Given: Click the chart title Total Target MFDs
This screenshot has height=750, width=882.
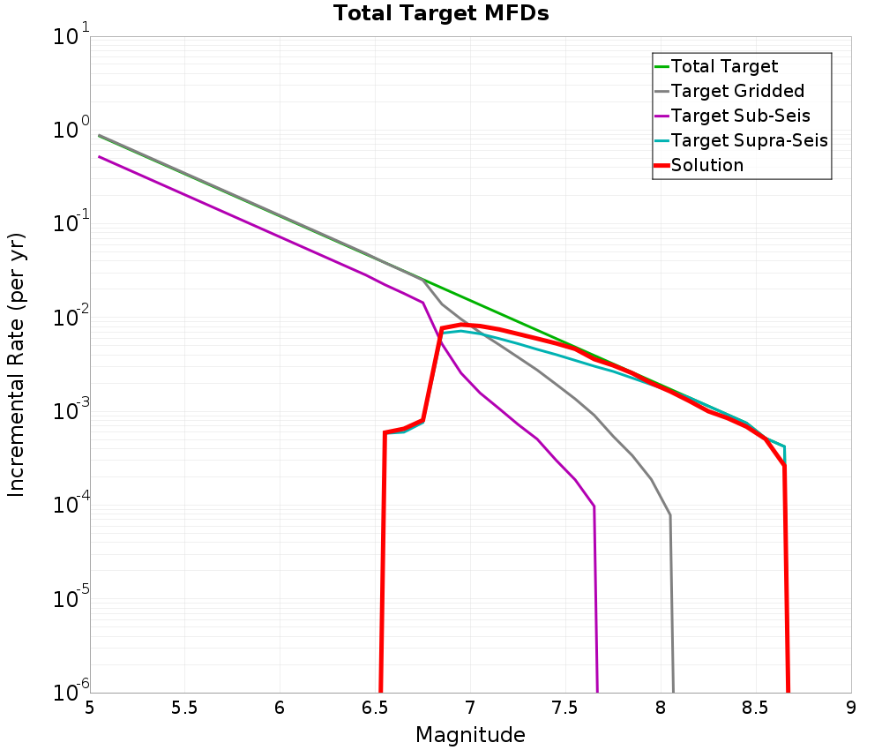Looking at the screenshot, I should pyautogui.click(x=441, y=13).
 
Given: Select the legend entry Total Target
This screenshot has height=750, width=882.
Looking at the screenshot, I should pyautogui.click(x=724, y=66).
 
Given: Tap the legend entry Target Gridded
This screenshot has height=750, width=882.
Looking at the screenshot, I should pyautogui.click(x=737, y=91).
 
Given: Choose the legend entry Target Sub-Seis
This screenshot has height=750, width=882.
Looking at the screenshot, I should pyautogui.click(x=740, y=116).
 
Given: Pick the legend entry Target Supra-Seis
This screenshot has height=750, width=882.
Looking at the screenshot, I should pyautogui.click(x=749, y=140).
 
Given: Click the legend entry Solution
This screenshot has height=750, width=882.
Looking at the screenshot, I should pyautogui.click(x=706, y=165).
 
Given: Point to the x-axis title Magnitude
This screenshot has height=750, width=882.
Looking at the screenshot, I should pyautogui.click(x=470, y=734).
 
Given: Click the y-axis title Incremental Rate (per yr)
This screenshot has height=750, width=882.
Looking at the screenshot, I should pyautogui.click(x=18, y=364).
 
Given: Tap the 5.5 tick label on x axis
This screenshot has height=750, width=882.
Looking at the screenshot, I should pyautogui.click(x=184, y=708).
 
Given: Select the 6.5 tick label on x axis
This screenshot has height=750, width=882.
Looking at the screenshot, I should pyautogui.click(x=375, y=708).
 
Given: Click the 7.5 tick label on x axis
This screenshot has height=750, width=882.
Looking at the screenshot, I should pyautogui.click(x=565, y=708).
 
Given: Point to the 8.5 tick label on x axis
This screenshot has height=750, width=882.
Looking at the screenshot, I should pyautogui.click(x=756, y=708).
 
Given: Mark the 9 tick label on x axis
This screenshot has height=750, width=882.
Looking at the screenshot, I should pyautogui.click(x=851, y=708).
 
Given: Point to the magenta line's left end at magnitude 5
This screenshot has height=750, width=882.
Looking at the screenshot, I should pyautogui.click(x=100, y=157).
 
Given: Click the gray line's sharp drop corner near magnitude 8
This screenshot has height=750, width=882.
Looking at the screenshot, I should pyautogui.click(x=670, y=515).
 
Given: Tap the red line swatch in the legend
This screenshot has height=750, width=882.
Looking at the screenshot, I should pyautogui.click(x=661, y=165).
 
